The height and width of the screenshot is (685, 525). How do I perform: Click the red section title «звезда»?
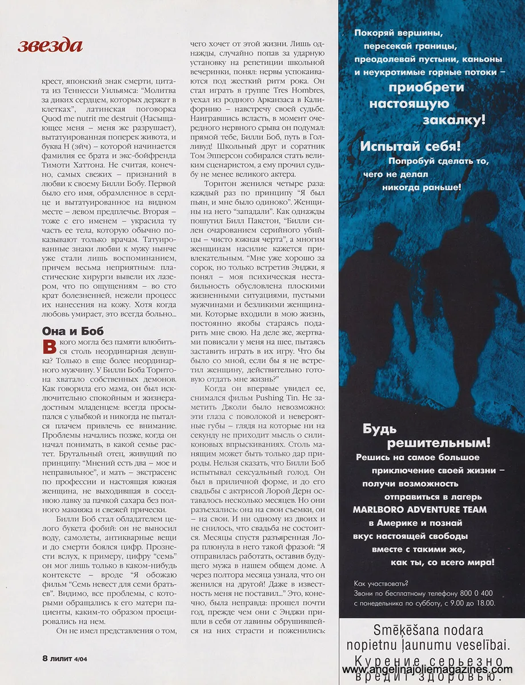pyautogui.click(x=50, y=45)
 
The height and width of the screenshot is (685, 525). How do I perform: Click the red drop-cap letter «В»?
pyautogui.click(x=48, y=345)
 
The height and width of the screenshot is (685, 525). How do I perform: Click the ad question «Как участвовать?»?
pyautogui.click(x=381, y=583)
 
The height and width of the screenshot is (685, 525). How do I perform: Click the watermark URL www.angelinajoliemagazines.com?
pyautogui.click(x=427, y=669)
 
